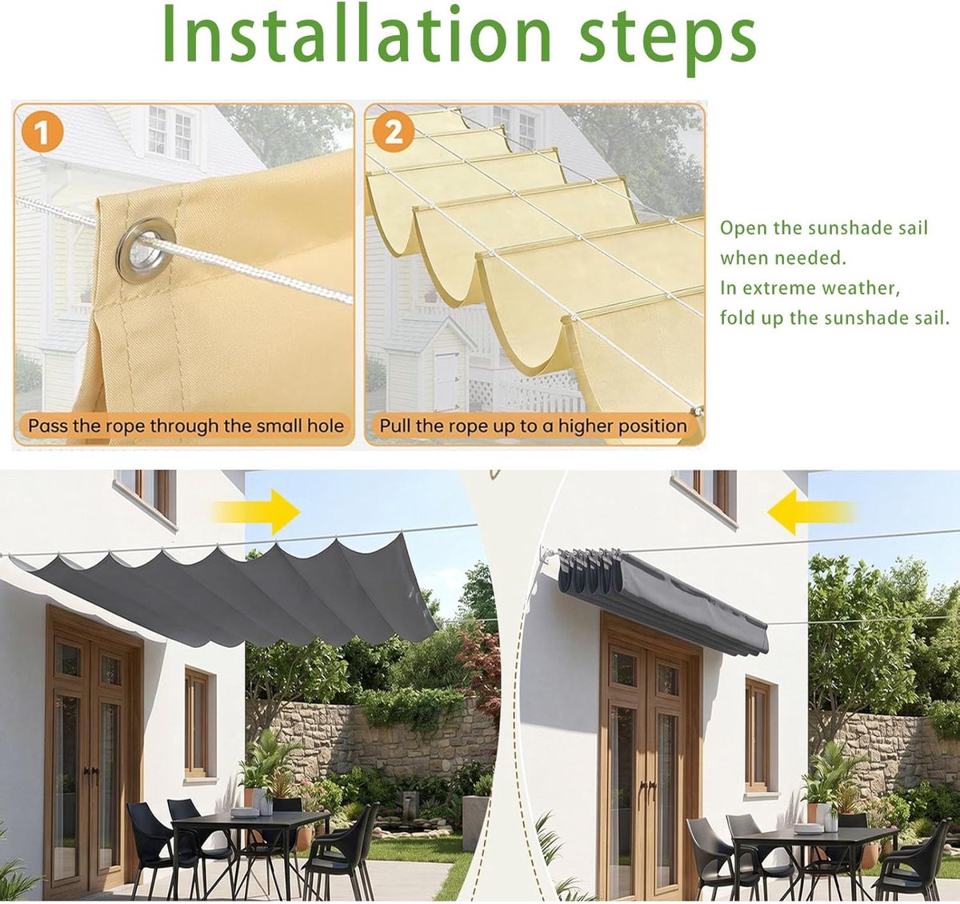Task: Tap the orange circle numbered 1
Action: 42,132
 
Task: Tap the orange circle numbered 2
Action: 393,132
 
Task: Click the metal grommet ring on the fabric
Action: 146,250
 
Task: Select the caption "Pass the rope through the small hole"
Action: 186,426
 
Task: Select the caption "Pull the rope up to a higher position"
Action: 533,426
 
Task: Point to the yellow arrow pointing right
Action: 256,512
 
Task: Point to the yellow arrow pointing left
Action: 811,512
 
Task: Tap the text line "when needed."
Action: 783,258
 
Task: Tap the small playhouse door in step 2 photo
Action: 446,381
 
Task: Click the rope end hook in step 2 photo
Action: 697,411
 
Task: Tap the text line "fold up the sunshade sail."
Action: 835,318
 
